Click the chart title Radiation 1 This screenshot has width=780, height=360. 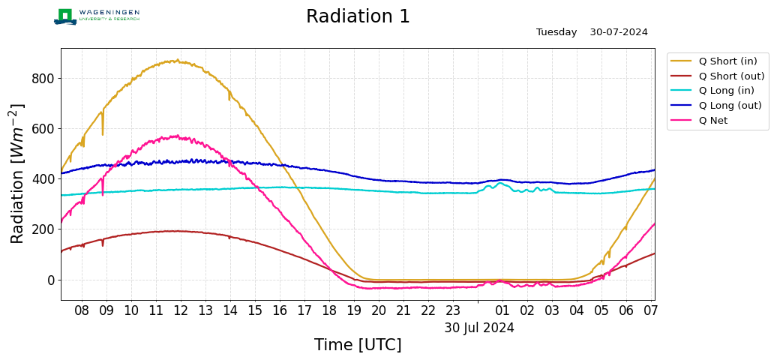(x=358, y=16)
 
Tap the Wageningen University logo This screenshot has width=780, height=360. (x=97, y=16)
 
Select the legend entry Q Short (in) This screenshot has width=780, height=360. (x=714, y=61)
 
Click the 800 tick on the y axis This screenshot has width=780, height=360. (x=43, y=79)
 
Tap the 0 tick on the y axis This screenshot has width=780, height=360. (x=51, y=280)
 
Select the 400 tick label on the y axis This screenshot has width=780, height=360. (x=43, y=179)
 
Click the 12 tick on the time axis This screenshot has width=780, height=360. (x=180, y=310)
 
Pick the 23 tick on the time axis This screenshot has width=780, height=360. (x=453, y=310)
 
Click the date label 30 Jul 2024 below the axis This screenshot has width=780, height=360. (x=479, y=328)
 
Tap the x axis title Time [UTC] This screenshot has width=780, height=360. (x=358, y=345)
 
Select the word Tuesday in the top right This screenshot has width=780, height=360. (x=556, y=32)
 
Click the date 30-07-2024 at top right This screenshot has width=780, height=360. (x=619, y=32)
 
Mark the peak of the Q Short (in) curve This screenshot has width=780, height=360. (x=178, y=60)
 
